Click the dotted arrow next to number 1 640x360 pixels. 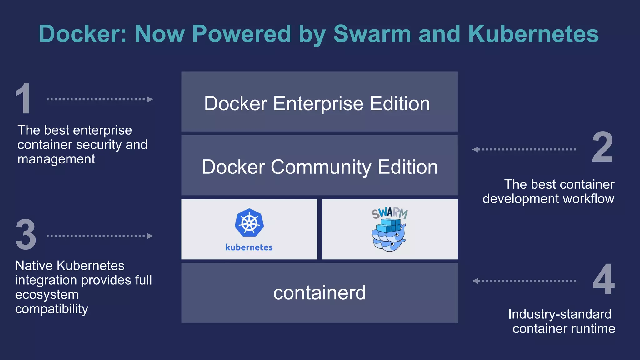[99, 99]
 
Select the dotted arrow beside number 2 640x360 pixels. [524, 149]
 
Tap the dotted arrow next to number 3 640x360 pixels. [99, 236]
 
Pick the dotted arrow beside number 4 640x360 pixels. [524, 281]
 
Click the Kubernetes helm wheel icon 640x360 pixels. [249, 223]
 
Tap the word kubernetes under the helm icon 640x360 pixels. [249, 247]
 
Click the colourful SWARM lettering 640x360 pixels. [389, 213]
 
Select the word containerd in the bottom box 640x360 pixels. [319, 293]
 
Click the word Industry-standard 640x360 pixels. [559, 314]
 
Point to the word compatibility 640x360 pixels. [52, 309]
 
